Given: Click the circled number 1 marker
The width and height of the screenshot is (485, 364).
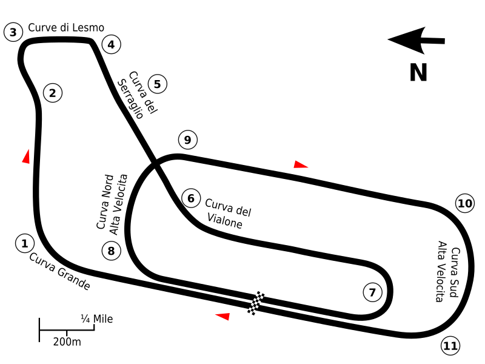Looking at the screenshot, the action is coord(25,244).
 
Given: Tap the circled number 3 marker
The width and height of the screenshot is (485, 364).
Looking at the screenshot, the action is coord(13,32).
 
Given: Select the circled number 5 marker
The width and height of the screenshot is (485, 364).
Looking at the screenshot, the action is coord(158,84).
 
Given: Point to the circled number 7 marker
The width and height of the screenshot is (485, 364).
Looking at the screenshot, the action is coord(372,292).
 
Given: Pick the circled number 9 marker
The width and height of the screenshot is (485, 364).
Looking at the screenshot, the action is coord(188,140).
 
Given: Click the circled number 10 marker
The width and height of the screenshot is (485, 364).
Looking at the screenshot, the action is coord(465,203).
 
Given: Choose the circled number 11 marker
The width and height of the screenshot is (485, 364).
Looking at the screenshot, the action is coord(450,346).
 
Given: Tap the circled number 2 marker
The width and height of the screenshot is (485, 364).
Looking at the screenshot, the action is coord(53,93).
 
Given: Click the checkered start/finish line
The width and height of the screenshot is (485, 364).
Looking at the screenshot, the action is coord(256,303).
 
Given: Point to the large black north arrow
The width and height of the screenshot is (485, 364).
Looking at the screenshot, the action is coord(416,40).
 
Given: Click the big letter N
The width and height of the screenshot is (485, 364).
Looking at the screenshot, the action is coord(418,72).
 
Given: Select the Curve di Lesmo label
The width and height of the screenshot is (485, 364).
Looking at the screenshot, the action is coord(66,27).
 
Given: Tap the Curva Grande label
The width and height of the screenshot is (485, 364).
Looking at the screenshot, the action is coord(59,271).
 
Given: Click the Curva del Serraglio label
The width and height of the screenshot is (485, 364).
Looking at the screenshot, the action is coord(138,95).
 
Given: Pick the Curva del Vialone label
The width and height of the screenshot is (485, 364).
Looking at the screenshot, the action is coord(229,214).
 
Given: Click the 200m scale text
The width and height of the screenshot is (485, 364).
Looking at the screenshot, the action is coord(67,342).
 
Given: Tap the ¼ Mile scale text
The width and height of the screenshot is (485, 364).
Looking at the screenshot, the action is coord(97,319).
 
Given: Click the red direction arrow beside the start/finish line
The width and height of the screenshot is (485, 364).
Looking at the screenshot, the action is coord(222,316).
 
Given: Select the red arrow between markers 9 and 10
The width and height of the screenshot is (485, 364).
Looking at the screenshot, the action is coord(300,164).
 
